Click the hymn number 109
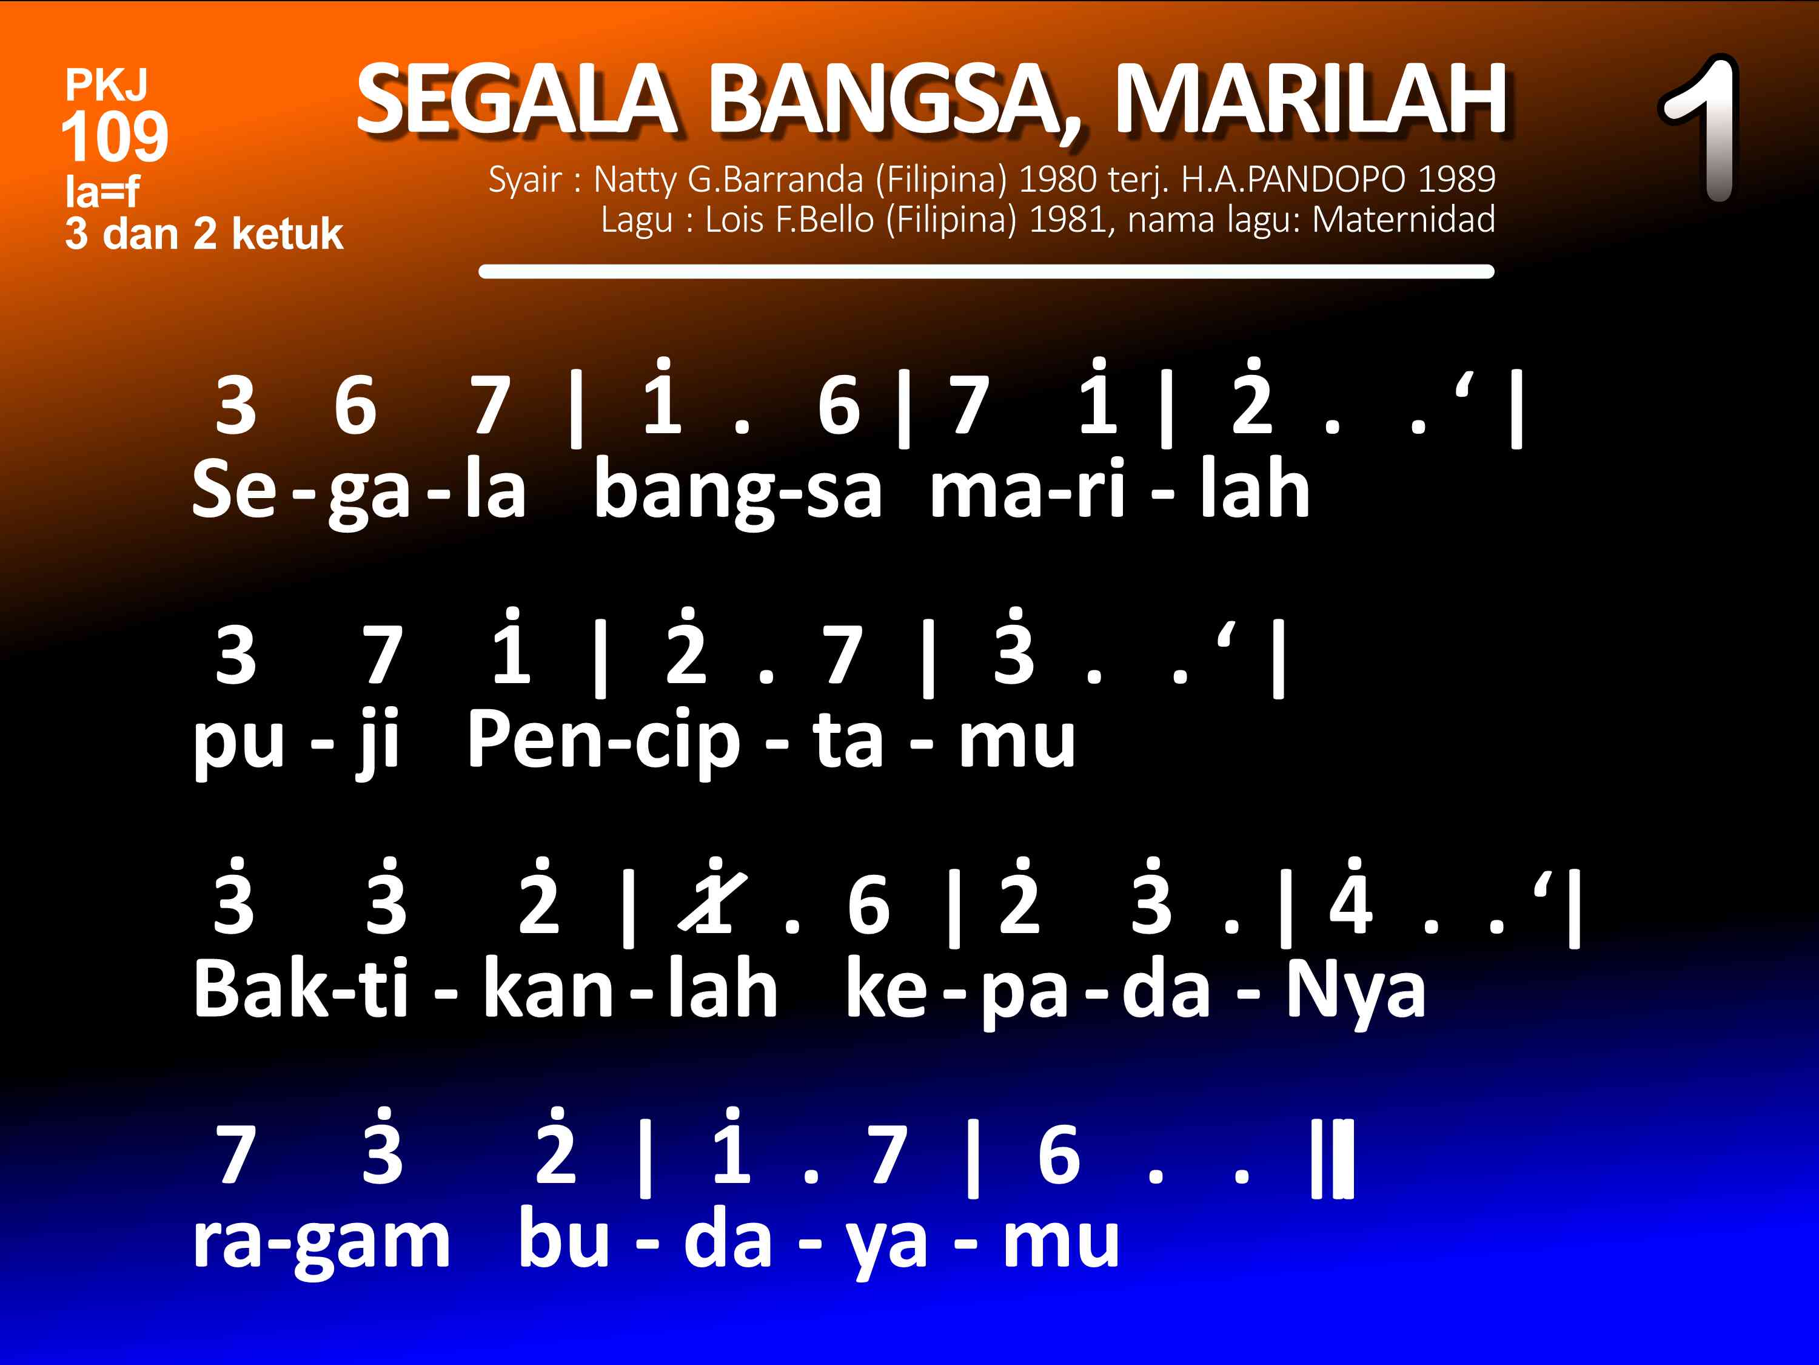[115, 136]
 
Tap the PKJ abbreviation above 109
[107, 85]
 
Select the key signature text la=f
[103, 192]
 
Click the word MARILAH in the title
[1311, 99]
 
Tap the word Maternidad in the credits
[1403, 220]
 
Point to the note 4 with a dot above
[1350, 897]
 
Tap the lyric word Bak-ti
[300, 990]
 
